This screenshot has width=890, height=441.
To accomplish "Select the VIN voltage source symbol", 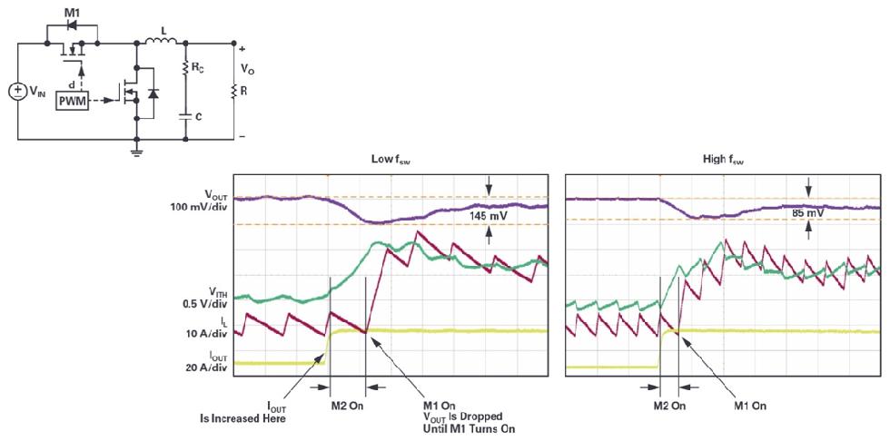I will [x=18, y=92].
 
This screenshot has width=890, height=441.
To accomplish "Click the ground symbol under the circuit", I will [x=136, y=151].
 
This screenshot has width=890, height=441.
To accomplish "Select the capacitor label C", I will [x=198, y=117].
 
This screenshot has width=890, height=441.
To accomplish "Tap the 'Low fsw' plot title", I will [x=391, y=158].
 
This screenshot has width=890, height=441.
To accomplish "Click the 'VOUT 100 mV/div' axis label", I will [x=205, y=201].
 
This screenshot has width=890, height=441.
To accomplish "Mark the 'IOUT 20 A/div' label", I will [x=206, y=362].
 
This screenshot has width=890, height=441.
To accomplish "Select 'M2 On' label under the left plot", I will [x=346, y=406].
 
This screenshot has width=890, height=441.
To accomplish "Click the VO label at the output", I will [x=247, y=68].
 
